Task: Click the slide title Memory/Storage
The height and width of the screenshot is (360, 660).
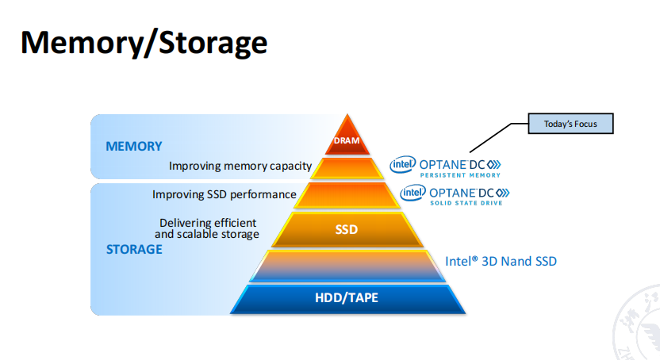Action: (144, 43)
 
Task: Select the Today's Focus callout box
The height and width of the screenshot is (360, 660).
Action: (570, 124)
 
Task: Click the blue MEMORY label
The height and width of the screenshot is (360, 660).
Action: (134, 146)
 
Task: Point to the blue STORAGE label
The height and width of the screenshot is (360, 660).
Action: (134, 249)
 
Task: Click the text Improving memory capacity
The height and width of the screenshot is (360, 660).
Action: (240, 167)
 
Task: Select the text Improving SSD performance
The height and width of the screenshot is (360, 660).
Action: (224, 194)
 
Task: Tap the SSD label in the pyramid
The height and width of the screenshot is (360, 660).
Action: (347, 230)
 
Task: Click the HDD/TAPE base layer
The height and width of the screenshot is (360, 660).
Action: (347, 298)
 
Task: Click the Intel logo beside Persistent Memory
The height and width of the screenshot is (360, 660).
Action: (403, 164)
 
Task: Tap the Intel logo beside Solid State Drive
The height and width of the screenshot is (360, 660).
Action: (412, 192)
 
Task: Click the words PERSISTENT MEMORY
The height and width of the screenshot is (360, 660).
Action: (459, 174)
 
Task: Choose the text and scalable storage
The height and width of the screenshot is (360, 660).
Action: (207, 234)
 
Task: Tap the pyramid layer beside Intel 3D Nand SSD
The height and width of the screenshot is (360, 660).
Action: (347, 266)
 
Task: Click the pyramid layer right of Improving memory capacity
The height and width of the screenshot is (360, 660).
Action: (347, 168)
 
